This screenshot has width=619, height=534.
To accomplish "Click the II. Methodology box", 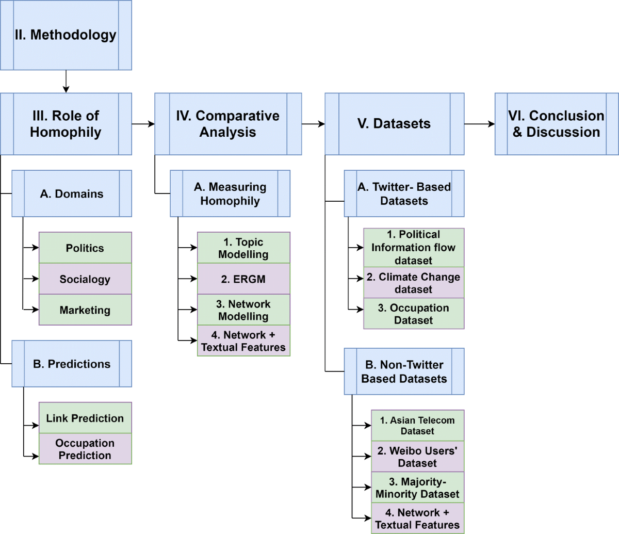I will pos(66,35).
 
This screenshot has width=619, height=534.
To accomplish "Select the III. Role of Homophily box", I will pos(66,124).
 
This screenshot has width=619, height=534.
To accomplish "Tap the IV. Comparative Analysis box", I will pos(227,124).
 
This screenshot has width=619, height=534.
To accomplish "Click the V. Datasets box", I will pos(394,124).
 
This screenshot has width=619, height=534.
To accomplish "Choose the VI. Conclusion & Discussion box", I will pos(556,124).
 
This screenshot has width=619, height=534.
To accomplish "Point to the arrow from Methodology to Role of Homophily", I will pos(66,82).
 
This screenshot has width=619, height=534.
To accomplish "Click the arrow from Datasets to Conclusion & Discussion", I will pos(479,124).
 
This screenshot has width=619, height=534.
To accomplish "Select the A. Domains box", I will pos(72,193).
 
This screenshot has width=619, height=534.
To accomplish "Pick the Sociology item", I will pos(85,279).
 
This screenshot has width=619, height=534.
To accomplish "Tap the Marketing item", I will pos(85,310).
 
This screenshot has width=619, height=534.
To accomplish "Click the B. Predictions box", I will pos(72,364).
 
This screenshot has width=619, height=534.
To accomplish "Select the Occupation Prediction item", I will pos(85,449).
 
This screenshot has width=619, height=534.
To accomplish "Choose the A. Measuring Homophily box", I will pos(230,193).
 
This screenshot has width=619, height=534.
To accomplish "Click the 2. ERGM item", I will pos(243,279).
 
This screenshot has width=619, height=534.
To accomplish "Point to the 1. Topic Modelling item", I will pos(243,248).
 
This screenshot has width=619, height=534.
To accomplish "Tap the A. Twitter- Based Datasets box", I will pos(404,193).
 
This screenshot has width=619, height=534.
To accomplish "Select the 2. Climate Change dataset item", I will pos(414,283).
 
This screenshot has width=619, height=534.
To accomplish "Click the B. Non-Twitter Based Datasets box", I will pos(404,371).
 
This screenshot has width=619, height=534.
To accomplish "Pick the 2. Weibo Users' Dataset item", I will pos(417,457).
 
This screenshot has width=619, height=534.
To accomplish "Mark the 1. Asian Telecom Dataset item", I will pos(417,426).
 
